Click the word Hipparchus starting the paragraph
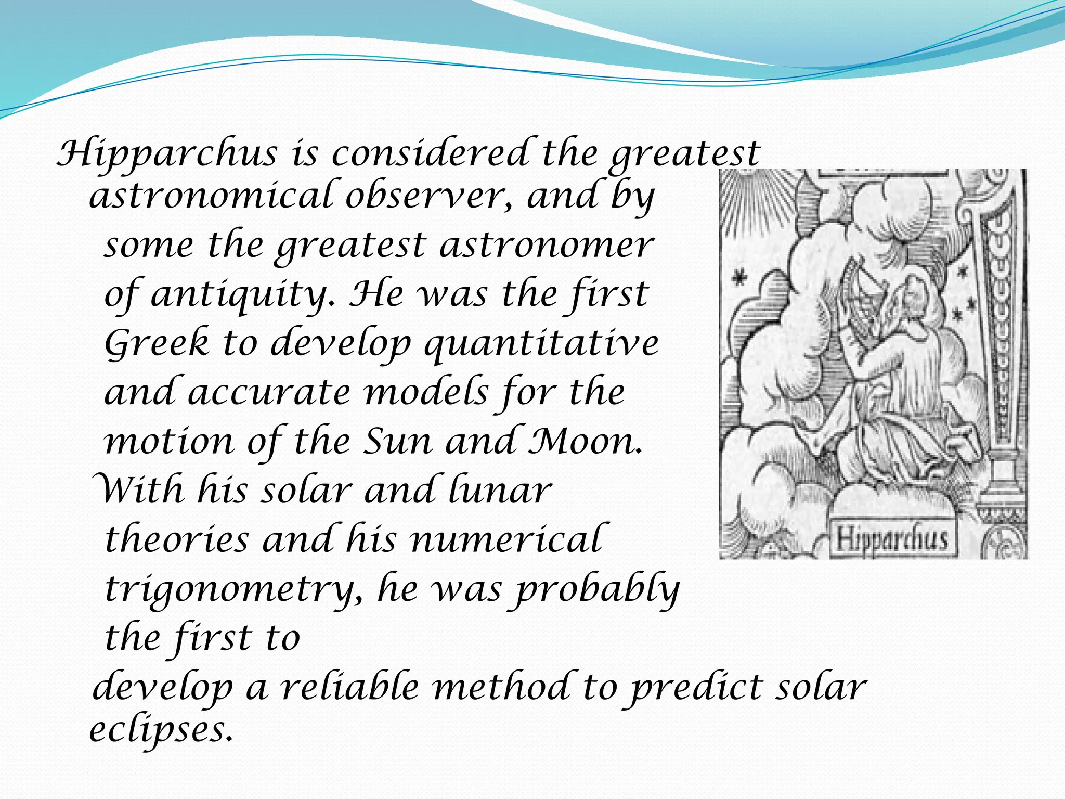167,154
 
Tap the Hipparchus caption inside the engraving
891,538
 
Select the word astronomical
210,196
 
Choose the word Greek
157,343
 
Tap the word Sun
397,441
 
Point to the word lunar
500,491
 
